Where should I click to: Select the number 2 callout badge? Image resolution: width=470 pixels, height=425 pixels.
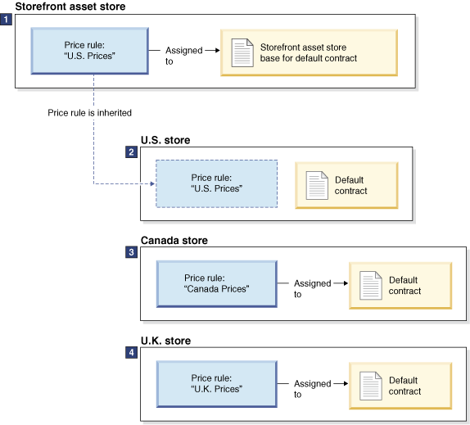(132, 152)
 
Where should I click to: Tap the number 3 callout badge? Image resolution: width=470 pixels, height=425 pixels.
(132, 252)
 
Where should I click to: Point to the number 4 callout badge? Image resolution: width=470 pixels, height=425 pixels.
(132, 352)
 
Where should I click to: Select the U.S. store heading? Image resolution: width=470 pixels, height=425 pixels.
(165, 140)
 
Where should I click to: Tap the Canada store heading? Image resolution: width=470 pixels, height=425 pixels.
(174, 240)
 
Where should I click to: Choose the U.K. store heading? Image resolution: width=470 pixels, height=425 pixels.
(166, 340)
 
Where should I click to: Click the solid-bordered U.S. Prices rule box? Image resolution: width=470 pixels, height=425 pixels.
(90, 52)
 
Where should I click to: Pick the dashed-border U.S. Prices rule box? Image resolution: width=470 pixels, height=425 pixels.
(217, 184)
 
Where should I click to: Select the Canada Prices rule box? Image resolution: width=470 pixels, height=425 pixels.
(217, 284)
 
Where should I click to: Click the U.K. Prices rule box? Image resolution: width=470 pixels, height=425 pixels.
(217, 384)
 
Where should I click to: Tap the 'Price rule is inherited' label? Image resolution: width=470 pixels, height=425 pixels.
(89, 112)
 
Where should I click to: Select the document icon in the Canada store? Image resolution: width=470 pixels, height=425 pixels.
(370, 285)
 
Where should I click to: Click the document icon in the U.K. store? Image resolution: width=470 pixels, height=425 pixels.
(370, 385)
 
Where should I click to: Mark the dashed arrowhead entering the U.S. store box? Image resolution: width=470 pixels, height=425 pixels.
(151, 184)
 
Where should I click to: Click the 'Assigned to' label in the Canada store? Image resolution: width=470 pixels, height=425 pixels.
(312, 288)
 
